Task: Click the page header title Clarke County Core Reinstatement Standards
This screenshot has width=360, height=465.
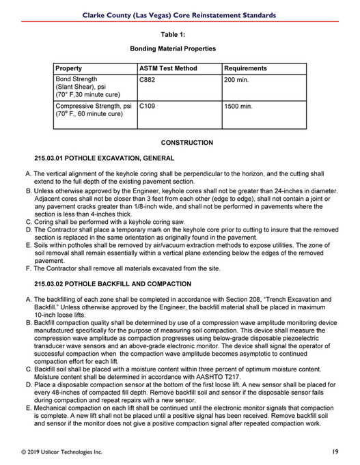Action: pos(180,14)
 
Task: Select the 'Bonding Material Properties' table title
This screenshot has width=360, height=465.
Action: pos(173,49)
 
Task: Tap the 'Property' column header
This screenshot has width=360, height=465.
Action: pos(69,68)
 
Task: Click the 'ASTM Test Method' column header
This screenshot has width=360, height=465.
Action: pos(168,68)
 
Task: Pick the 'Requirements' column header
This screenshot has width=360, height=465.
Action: pos(245,68)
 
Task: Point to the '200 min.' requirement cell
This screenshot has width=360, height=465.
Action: pos(238,80)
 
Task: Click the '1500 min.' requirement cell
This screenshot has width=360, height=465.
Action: pos(240,107)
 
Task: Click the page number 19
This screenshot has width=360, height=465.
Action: pos(336,451)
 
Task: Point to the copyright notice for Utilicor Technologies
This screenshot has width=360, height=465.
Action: pos(62,451)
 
